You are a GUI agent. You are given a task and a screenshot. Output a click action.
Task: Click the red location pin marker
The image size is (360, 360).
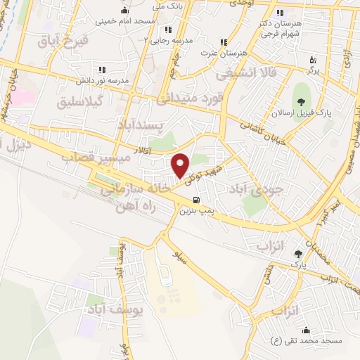tap(181, 165)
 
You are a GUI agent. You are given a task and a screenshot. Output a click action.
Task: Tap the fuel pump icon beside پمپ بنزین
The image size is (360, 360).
tap(205, 198)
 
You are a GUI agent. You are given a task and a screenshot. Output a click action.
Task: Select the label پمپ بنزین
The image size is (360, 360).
tap(197, 210)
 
